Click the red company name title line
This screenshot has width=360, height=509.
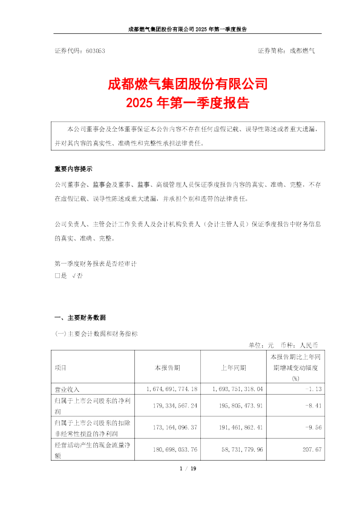point(180,83)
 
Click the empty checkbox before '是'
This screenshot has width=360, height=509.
point(57,274)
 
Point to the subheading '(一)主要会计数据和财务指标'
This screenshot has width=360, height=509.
point(96,333)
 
